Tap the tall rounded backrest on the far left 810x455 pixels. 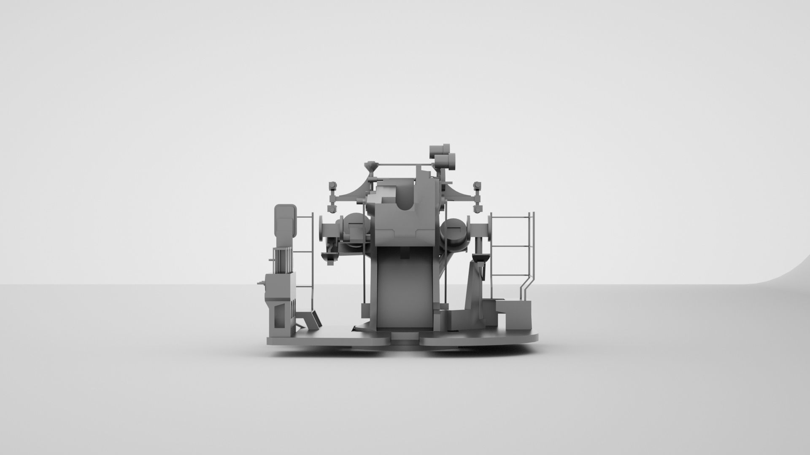click(x=286, y=223)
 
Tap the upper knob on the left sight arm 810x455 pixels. click(x=332, y=185)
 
